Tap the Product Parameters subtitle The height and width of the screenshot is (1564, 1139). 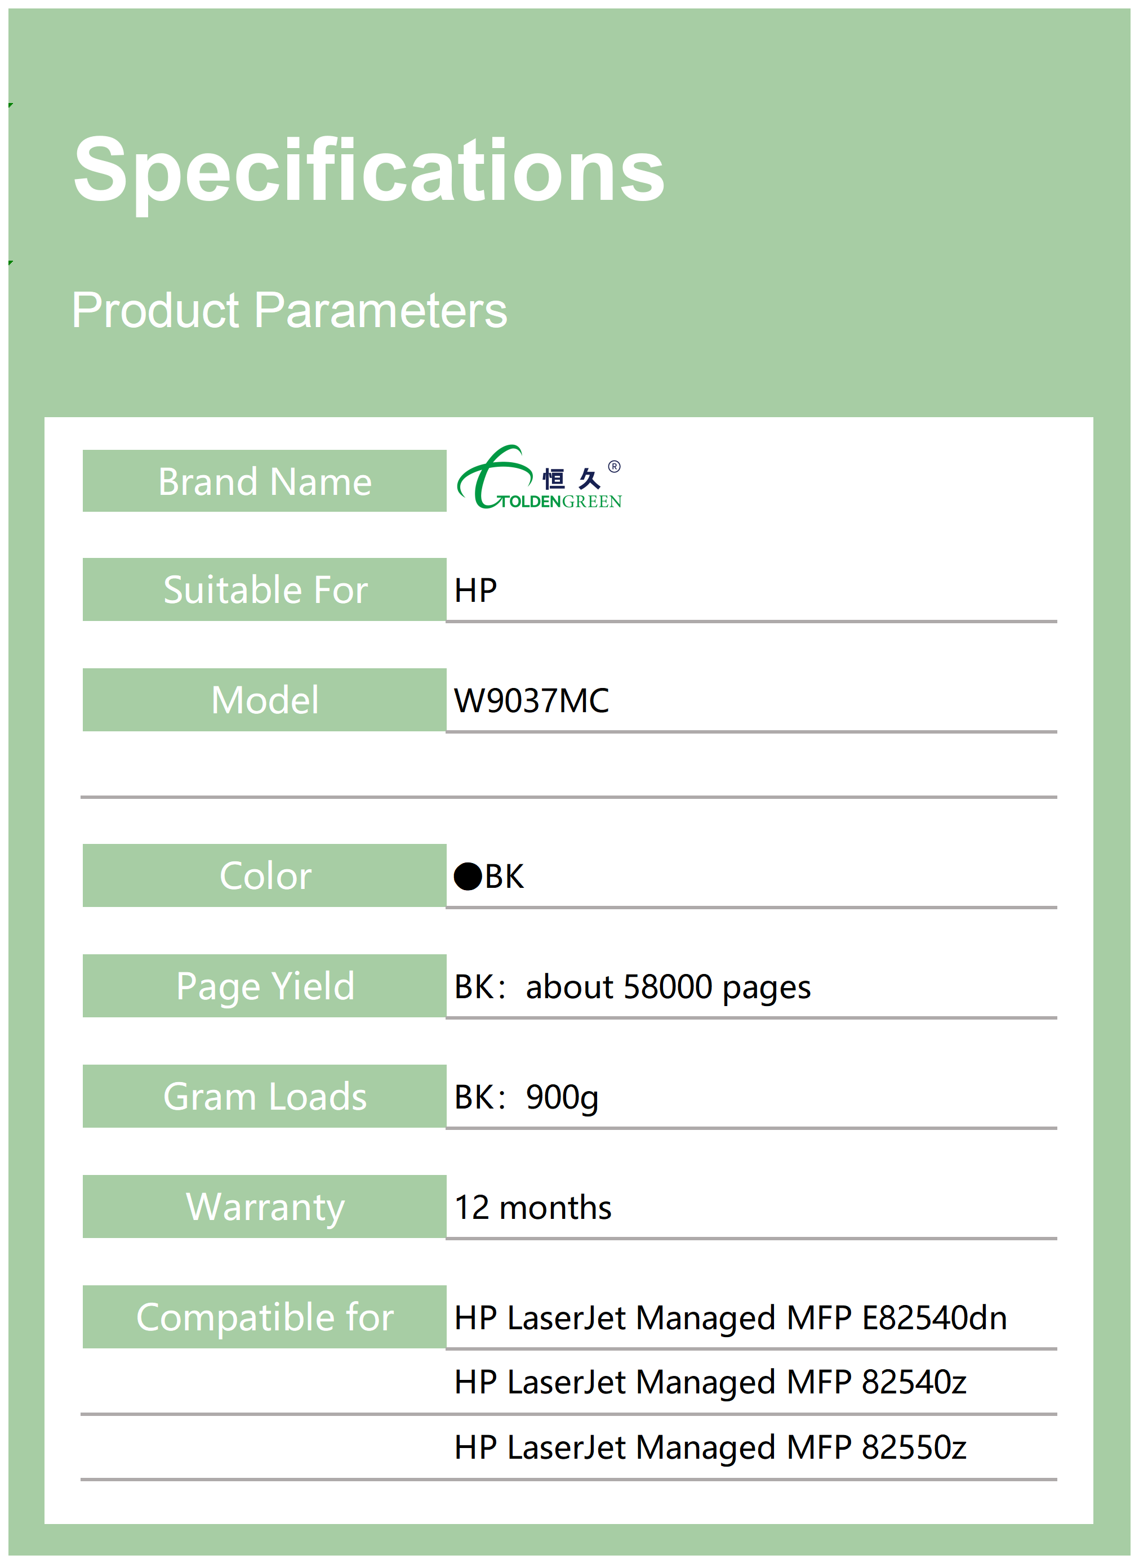click(289, 311)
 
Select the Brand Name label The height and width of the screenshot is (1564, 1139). click(265, 481)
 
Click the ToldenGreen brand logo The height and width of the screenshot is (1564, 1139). click(539, 477)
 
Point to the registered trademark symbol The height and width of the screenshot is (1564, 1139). click(614, 466)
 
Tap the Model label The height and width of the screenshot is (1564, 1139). click(265, 700)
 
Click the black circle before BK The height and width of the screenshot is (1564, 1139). click(468, 877)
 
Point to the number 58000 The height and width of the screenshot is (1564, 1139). click(668, 987)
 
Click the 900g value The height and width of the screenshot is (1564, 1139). click(562, 1098)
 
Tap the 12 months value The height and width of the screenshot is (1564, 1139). click(532, 1208)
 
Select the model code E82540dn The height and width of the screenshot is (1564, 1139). click(935, 1319)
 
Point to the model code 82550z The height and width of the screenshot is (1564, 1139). click(914, 1447)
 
